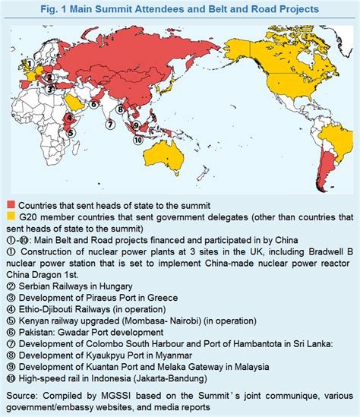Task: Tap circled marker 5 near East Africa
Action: (x=70, y=131)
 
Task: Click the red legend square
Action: (x=11, y=205)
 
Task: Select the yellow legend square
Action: (x=11, y=216)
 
